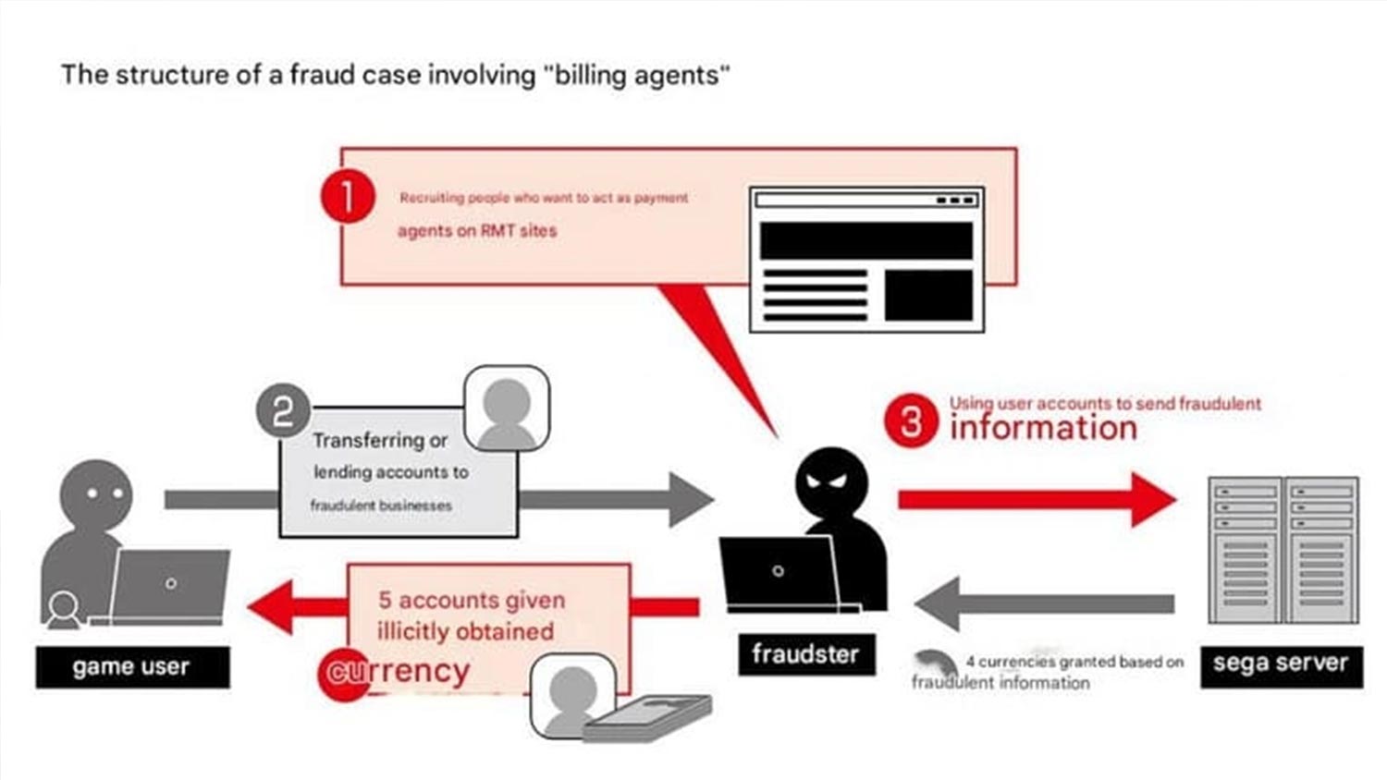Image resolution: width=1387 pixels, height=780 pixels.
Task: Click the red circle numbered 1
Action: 348,196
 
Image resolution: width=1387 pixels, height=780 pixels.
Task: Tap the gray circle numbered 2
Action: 283,411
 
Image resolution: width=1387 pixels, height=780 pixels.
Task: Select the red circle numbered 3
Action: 911,420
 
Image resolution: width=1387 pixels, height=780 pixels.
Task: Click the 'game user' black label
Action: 132,667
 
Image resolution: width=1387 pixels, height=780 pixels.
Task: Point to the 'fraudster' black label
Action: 805,654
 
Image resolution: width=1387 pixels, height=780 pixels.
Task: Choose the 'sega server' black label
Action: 1281,664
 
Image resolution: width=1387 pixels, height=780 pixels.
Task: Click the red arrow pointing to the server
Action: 1036,500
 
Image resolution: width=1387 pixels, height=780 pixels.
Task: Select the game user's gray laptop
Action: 170,585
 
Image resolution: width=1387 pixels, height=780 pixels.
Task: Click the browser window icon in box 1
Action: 866,260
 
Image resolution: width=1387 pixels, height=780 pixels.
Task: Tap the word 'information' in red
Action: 1043,428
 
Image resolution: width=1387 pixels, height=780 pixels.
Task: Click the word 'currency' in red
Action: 398,672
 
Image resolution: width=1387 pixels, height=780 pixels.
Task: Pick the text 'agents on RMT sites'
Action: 477,231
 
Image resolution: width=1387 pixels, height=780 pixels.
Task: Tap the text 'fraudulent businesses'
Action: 381,506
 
